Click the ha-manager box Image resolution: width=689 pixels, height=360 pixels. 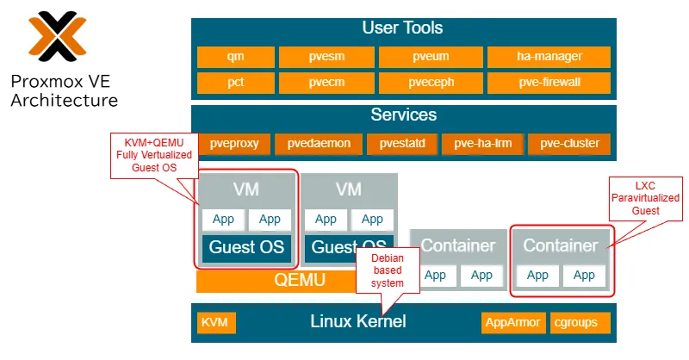point(549,57)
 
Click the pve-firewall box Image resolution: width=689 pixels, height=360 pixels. point(549,83)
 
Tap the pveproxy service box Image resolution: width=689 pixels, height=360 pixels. point(234,144)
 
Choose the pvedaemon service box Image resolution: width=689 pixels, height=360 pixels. point(319,144)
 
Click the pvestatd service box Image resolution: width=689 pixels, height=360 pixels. point(402,144)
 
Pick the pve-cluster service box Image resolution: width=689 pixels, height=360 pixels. point(569,144)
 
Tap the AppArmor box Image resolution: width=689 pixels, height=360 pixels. point(513,323)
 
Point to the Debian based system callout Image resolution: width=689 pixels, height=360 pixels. point(386,270)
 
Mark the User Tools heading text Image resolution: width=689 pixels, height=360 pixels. point(402,28)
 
